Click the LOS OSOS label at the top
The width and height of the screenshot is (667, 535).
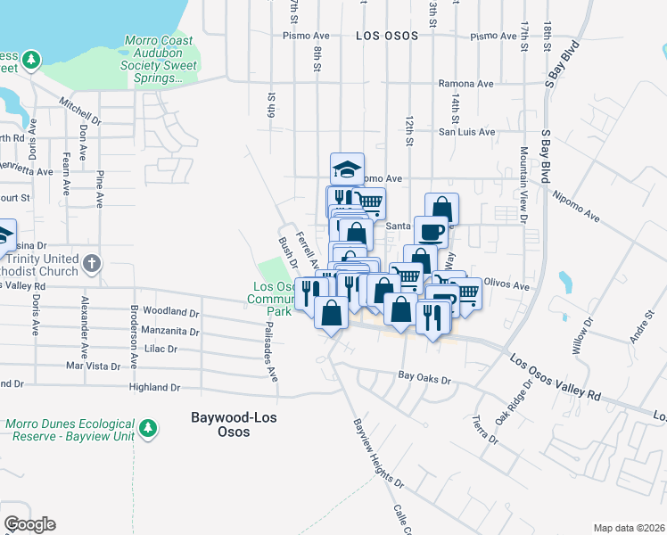(387, 37)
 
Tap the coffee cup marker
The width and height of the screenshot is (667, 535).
(431, 231)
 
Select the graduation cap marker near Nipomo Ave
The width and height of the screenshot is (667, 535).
(348, 168)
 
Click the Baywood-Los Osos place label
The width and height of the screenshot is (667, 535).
(220, 424)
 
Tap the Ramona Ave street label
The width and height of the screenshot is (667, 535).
(465, 84)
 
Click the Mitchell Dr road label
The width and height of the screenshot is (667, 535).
(80, 111)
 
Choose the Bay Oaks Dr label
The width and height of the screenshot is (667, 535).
(425, 379)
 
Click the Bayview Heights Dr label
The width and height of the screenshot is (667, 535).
(378, 453)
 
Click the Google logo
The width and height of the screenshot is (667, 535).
(29, 524)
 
